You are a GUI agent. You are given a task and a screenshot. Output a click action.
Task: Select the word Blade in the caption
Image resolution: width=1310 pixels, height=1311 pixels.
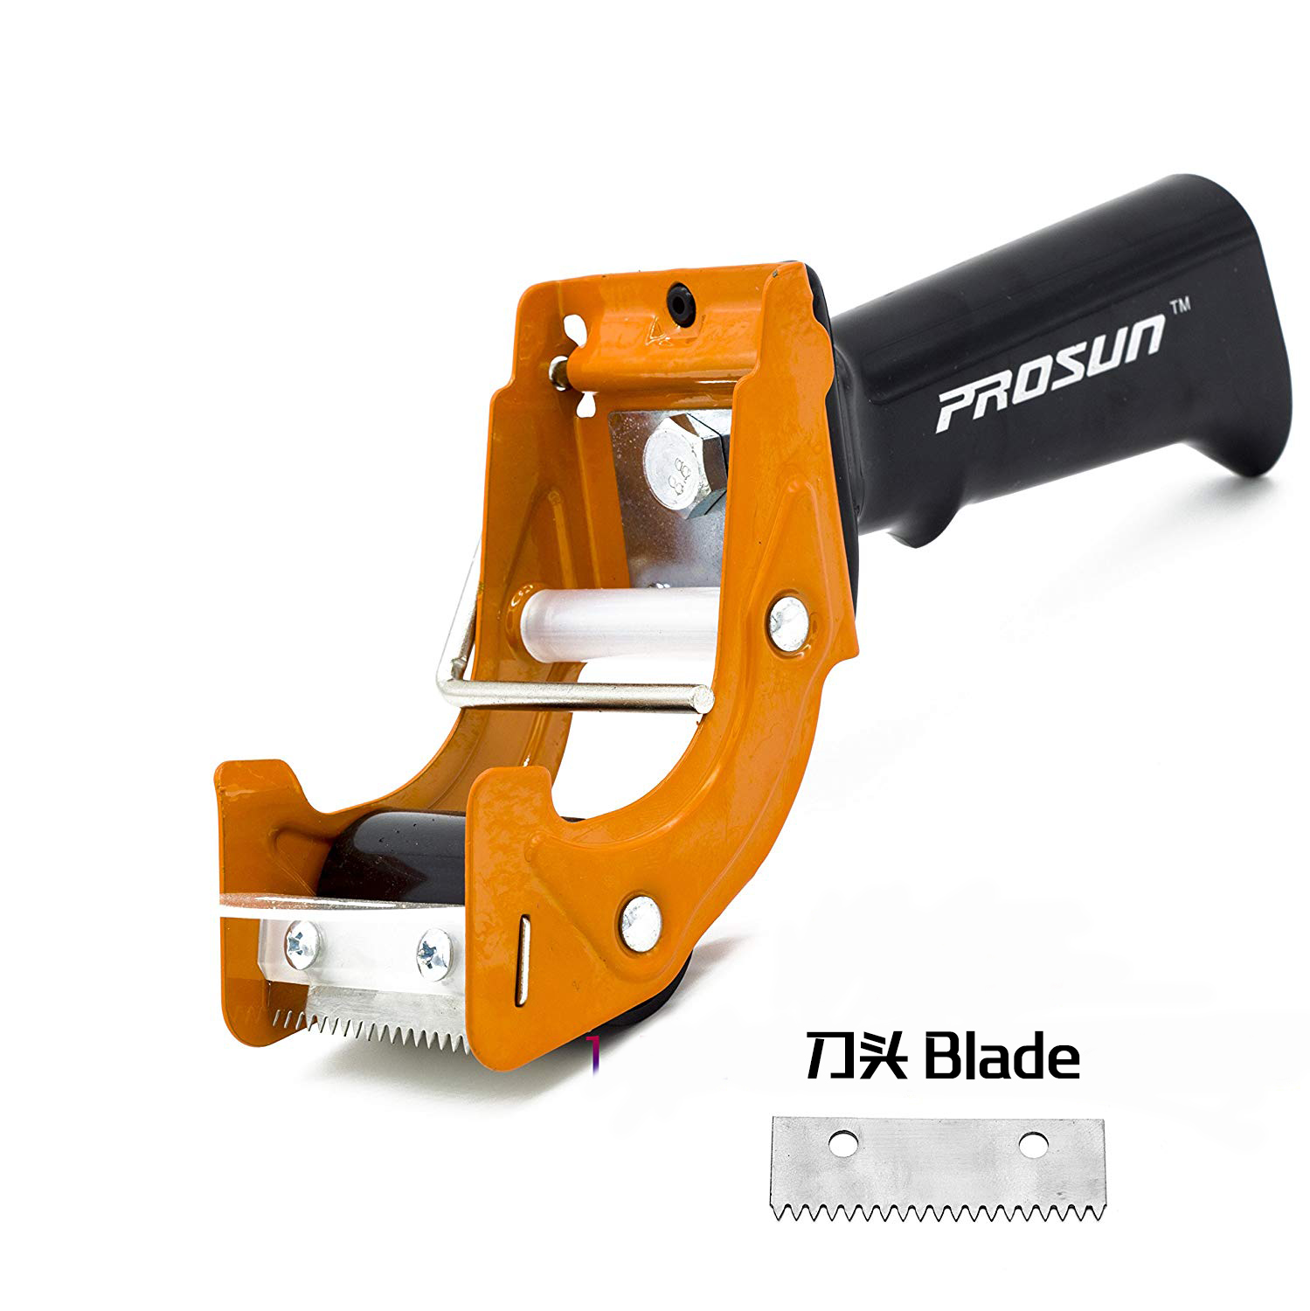pyautogui.click(x=1002, y=1058)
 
